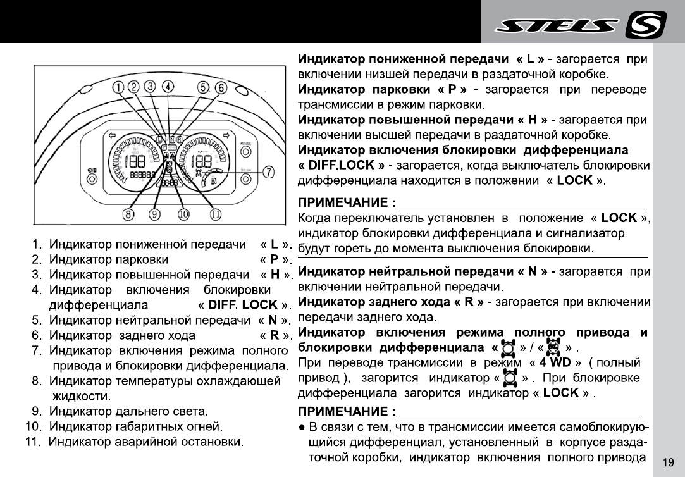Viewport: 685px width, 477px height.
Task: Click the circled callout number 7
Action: pos(268,172)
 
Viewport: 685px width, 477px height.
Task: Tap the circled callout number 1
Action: pos(118,87)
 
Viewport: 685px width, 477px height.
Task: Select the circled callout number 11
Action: pos(216,214)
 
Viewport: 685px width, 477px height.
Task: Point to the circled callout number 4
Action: pos(168,87)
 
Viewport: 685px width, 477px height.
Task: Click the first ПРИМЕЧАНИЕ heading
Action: pos(347,203)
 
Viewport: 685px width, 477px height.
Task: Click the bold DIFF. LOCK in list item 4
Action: pos(242,305)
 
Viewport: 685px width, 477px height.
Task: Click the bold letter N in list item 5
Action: pos(273,320)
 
